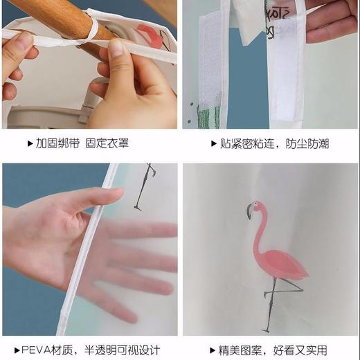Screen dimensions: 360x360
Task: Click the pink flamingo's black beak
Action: [249, 213]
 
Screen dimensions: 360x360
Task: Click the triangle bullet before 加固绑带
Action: [30, 144]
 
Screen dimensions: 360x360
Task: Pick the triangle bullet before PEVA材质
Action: [17, 350]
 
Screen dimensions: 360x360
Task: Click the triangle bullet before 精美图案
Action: [213, 350]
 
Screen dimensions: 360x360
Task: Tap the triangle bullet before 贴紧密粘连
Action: [213, 144]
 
